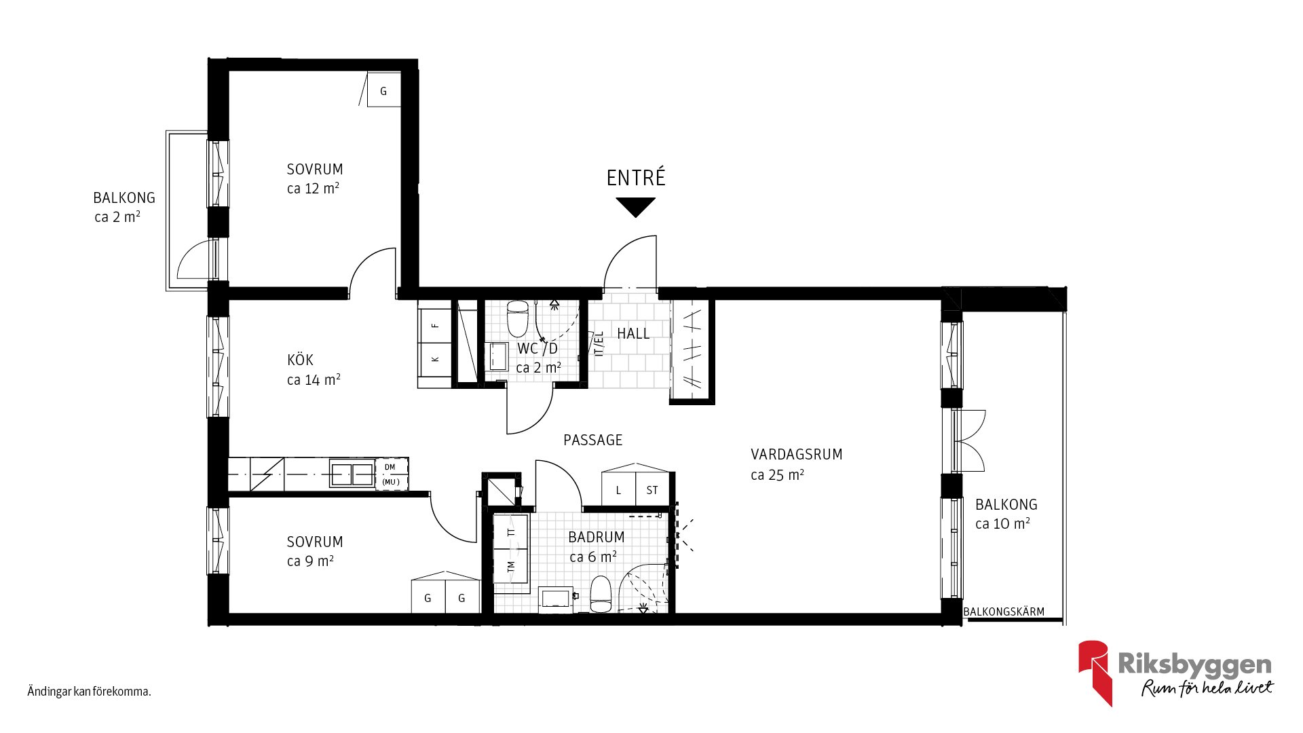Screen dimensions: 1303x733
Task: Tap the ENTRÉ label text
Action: click(636, 178)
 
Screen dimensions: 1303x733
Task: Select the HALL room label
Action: click(633, 333)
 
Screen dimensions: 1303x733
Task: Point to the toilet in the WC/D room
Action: click(518, 319)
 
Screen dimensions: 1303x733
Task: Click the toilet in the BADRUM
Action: click(601, 595)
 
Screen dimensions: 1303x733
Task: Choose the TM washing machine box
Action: click(511, 565)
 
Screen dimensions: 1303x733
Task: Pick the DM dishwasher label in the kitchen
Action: click(390, 467)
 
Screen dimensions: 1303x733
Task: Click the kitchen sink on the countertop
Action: click(352, 474)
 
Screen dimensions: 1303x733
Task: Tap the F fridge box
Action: click(435, 326)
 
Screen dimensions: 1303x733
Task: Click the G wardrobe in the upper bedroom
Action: click(383, 90)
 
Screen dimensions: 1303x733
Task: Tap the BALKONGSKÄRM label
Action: click(1004, 612)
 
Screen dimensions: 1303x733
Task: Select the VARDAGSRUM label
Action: click(797, 455)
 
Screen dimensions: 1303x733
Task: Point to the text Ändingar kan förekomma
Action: click(89, 692)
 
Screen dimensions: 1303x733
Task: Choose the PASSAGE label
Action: click(593, 440)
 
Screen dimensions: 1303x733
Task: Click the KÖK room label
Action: click(300, 360)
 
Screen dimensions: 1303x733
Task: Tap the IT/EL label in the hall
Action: click(599, 343)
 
